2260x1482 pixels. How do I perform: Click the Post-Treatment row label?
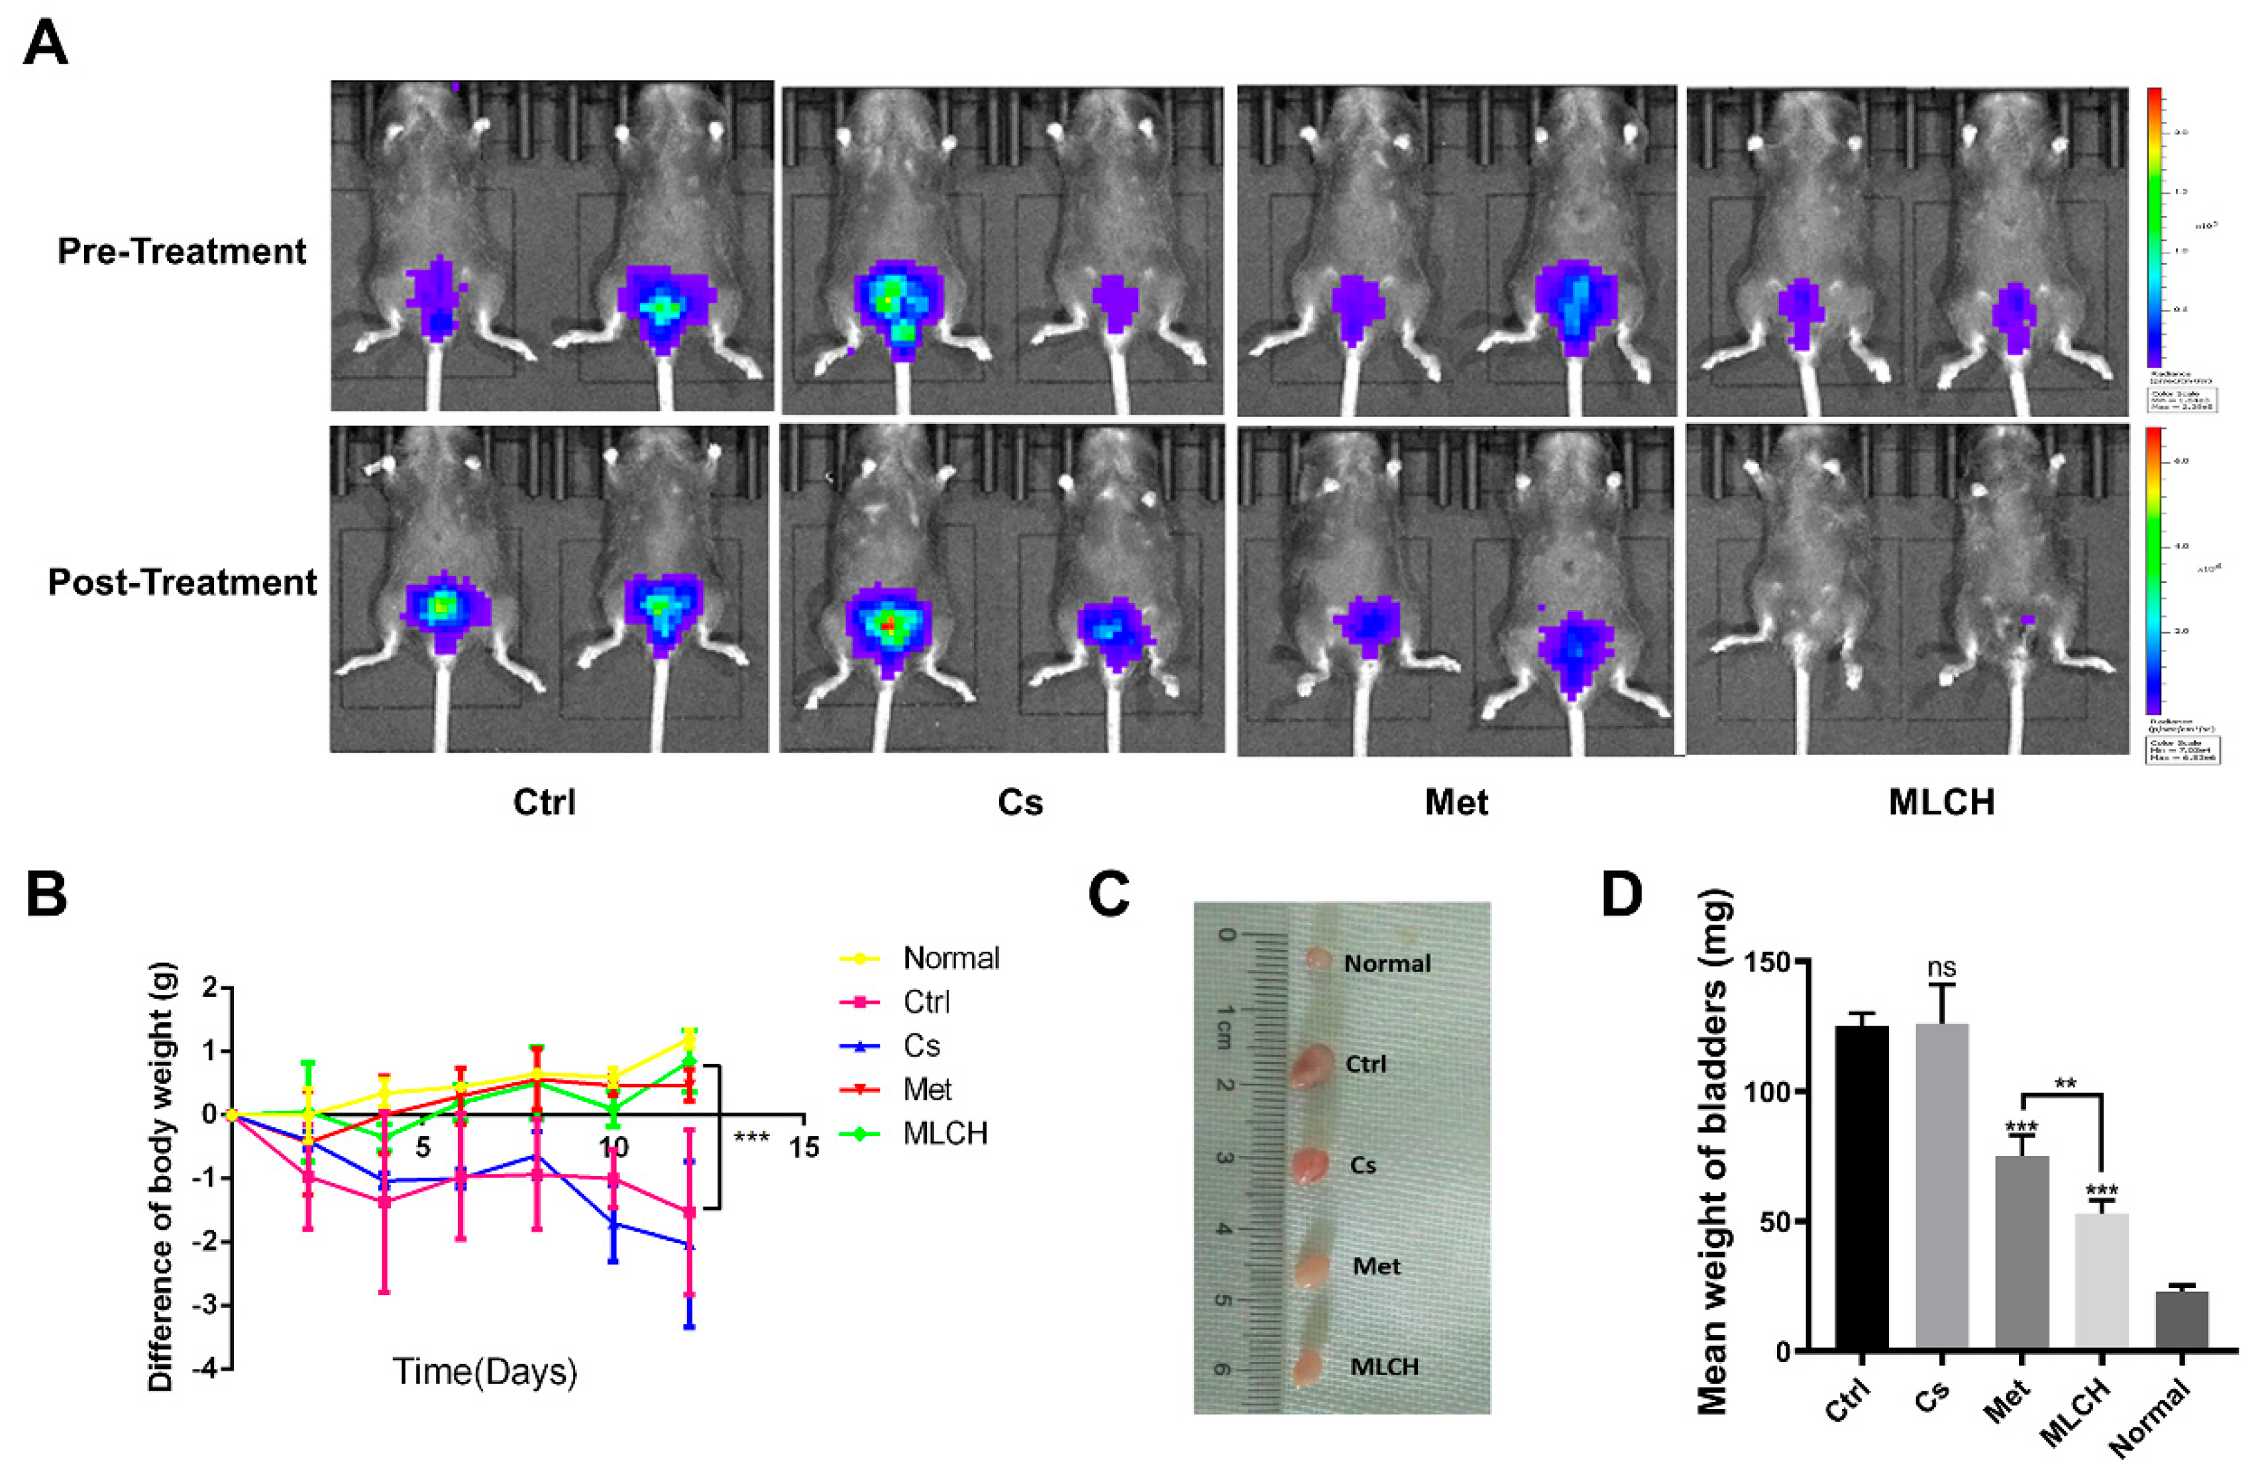182,582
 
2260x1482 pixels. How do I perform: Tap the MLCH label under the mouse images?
1941,803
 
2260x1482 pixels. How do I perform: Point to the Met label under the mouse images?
1456,803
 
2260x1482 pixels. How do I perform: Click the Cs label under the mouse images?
1020,803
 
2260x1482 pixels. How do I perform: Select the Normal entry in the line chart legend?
949,958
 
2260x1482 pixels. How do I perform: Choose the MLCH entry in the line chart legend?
945,1133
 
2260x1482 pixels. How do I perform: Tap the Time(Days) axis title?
484,1371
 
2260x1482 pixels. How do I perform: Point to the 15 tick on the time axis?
803,1148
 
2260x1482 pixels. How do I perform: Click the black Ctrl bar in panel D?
1861,1187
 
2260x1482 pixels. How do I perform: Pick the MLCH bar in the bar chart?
2102,1282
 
